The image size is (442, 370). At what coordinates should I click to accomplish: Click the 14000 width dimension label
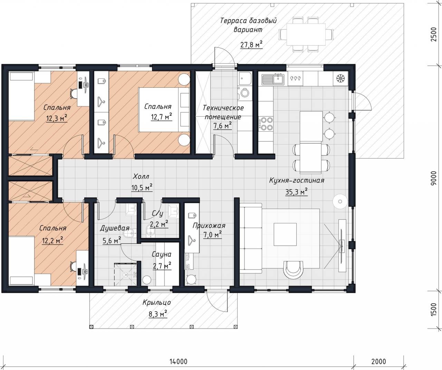tap(179, 361)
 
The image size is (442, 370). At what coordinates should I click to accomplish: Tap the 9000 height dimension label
tap(433, 178)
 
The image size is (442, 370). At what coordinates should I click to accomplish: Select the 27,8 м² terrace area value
tap(251, 45)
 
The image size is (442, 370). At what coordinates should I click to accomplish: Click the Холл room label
tap(141, 176)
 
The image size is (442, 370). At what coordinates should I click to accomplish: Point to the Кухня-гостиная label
tap(297, 181)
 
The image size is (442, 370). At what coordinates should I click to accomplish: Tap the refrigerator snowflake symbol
tap(340, 78)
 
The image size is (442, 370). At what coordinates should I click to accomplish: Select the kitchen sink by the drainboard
tap(278, 79)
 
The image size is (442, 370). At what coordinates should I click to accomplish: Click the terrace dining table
tap(306, 34)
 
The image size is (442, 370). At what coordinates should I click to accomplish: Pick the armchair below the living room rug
tap(293, 269)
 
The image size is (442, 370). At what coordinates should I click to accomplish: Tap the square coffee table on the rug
tap(285, 234)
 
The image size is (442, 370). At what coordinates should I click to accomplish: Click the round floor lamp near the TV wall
tap(340, 201)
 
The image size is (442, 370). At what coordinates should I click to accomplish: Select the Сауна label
tap(161, 254)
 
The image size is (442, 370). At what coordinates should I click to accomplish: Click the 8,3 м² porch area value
tap(158, 314)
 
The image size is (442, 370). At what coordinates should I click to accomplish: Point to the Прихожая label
tap(209, 226)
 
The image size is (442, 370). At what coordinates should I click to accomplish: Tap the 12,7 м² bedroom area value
tap(161, 117)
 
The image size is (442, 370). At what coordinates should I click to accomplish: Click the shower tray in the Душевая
tap(126, 275)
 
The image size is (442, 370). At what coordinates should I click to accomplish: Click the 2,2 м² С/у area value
tap(159, 224)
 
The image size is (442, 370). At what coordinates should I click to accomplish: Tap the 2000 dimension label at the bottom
tap(379, 361)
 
